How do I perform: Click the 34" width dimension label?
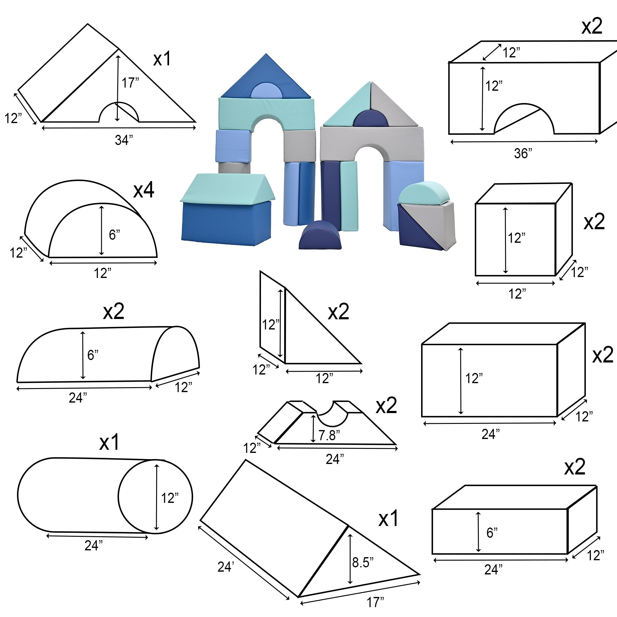coord(124,140)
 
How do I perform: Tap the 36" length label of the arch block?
coord(523,154)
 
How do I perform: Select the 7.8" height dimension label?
coord(329,435)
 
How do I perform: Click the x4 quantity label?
coord(144,190)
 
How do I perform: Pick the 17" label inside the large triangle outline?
coord(130,83)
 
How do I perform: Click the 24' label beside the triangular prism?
coord(226,567)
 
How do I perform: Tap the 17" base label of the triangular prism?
coord(375,602)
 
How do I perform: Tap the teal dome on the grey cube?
coord(424,192)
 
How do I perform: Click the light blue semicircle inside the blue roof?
coord(266,90)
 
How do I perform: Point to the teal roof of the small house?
coord(227,189)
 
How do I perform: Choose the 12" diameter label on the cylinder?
coord(170,498)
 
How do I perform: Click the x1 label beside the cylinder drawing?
coord(109,442)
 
